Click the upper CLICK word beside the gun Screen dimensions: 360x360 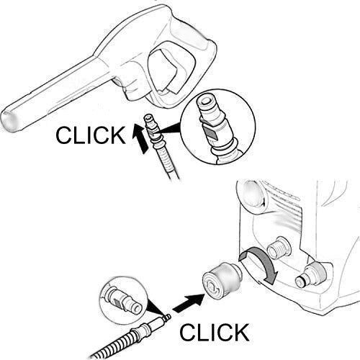tap(91, 135)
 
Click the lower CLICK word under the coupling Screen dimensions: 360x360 tap(215, 332)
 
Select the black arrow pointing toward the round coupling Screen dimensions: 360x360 tap(189, 303)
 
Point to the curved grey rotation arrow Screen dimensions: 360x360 tap(264, 261)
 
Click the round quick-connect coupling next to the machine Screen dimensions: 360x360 tap(221, 280)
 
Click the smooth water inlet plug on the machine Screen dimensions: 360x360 tap(310, 276)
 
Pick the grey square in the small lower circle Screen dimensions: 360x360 tap(117, 303)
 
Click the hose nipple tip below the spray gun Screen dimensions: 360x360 tap(149, 119)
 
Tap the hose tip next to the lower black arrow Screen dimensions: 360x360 tap(167, 318)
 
